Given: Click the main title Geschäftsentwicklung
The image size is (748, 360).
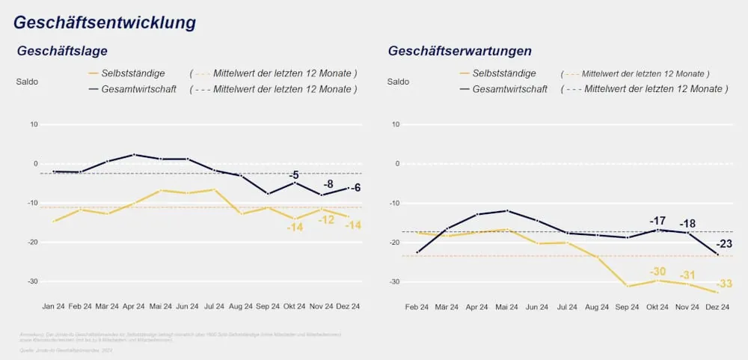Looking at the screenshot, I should point(105,22).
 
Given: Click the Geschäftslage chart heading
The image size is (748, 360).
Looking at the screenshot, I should point(63,51).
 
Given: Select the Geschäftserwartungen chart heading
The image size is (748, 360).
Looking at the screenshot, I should point(459,51).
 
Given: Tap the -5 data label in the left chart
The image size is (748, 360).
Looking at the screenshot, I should point(294,175).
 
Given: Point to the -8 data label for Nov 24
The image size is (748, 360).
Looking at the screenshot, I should point(328,184).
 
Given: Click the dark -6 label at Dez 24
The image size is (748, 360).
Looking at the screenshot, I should point(355,188).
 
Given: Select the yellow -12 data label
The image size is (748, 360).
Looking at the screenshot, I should point(326,220).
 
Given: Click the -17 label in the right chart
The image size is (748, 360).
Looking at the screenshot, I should point(657,221).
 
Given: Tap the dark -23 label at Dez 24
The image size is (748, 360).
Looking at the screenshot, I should point(724,244).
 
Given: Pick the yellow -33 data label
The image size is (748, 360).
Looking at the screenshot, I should point(724,284).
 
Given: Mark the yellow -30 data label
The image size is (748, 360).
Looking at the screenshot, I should point(657,272).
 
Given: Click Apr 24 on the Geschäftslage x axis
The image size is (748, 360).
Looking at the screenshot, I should point(133,306).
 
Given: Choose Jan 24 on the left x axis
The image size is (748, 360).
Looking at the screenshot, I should point(54,306).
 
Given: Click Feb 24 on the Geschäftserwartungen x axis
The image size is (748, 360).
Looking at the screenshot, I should point(417,306).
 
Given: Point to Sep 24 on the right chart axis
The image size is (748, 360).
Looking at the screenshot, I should point(628,306).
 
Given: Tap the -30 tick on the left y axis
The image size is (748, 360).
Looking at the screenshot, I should point(33,281).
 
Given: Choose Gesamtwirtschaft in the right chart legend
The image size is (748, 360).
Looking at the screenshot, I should point(509,89).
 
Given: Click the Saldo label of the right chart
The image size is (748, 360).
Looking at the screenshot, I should point(398,82).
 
